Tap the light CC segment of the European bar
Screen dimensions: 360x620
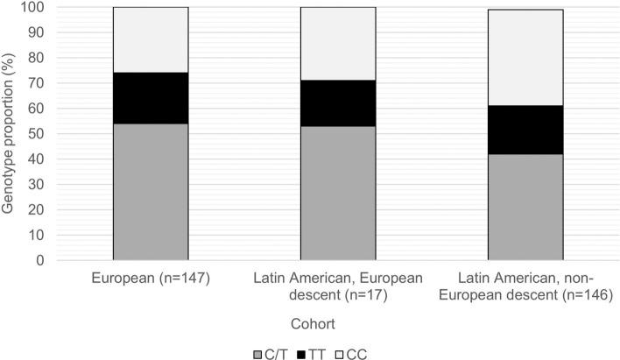click(x=151, y=39)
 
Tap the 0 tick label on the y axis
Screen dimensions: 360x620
click(x=43, y=261)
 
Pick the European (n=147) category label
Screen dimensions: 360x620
click(x=151, y=279)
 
